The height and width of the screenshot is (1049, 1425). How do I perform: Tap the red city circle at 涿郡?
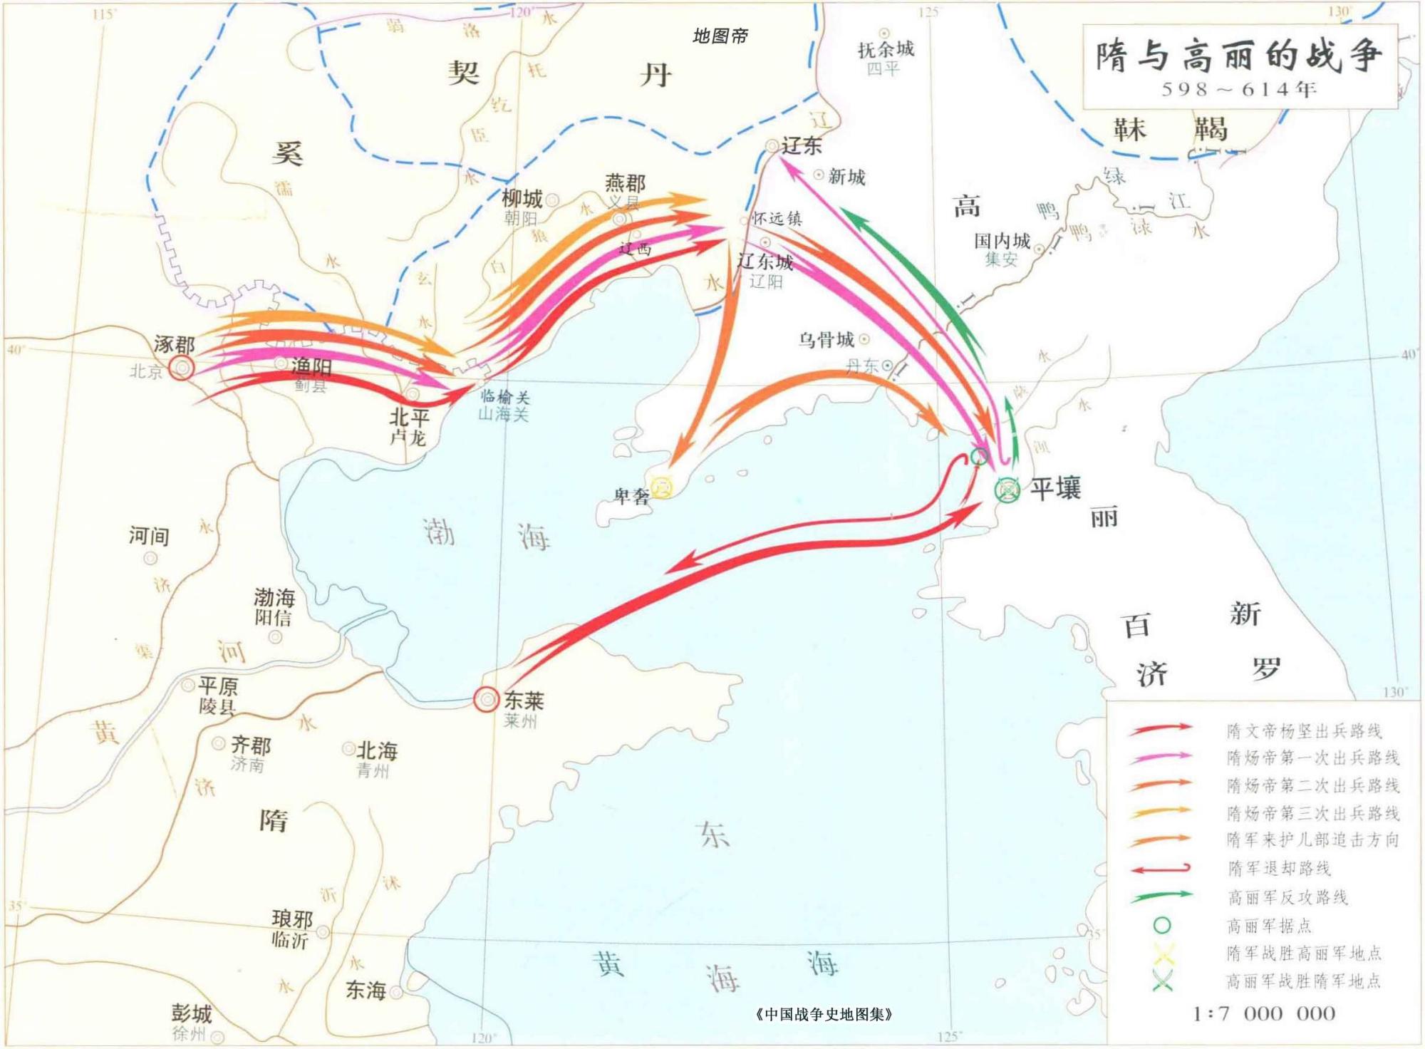point(182,368)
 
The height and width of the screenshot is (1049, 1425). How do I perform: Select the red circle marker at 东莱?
point(486,699)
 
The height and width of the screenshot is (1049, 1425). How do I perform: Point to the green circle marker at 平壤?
point(1007,490)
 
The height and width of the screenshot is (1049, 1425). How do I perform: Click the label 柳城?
point(522,197)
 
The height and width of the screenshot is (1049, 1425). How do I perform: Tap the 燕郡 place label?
point(625,183)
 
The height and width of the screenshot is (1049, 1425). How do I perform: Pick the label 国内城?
point(1002,241)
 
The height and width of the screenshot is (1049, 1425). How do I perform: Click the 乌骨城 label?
point(826,339)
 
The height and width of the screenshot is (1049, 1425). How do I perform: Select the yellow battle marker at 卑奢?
point(662,487)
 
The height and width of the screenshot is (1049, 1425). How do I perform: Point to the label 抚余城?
point(885,49)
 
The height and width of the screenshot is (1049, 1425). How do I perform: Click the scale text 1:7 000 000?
point(1264,1013)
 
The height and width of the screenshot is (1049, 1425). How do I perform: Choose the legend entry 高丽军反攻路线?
point(1287,897)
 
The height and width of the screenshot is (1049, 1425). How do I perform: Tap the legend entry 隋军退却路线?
point(1279,869)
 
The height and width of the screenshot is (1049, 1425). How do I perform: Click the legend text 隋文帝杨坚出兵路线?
point(1304,730)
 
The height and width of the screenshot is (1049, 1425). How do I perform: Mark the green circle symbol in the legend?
point(1161,925)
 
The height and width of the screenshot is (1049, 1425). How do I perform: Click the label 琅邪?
point(292,919)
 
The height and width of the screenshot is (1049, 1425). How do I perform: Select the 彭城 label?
point(191,1013)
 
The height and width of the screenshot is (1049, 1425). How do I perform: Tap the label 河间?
point(149,535)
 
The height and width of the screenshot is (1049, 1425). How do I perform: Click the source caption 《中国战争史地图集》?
point(824,1014)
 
